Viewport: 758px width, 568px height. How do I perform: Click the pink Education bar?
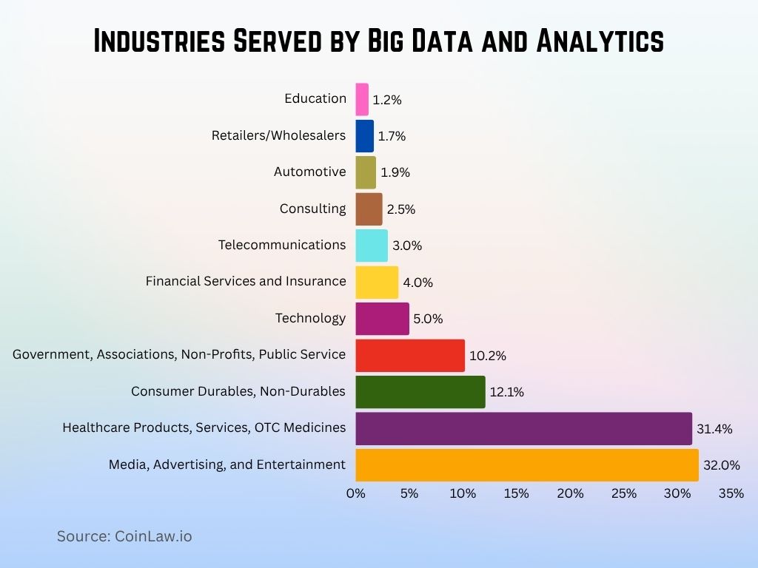click(x=362, y=99)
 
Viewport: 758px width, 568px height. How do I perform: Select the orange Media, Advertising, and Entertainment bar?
click(x=526, y=464)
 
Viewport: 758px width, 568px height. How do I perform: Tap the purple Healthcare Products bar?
click(x=523, y=428)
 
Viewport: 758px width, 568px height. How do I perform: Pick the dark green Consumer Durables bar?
click(x=420, y=391)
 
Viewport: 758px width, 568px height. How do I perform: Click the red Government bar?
click(x=409, y=355)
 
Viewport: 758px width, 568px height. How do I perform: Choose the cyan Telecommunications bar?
click(x=372, y=246)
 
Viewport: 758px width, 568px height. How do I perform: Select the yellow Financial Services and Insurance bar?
click(x=377, y=282)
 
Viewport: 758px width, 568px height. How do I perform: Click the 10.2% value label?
click(x=488, y=356)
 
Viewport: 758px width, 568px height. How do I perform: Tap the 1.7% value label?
click(x=392, y=136)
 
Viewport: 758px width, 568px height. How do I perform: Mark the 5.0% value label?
click(x=428, y=319)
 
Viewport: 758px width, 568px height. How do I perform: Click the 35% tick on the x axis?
click(x=731, y=493)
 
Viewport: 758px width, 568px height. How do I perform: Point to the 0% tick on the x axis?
click(x=356, y=493)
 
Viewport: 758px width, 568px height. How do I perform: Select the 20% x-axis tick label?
click(x=570, y=493)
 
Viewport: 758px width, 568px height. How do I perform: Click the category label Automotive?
click(x=309, y=172)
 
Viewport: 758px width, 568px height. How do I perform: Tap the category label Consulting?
click(x=312, y=209)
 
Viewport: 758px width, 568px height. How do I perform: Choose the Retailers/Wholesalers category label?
click(x=278, y=135)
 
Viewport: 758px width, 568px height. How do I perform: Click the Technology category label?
click(x=310, y=318)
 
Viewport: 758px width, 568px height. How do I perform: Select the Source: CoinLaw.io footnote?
click(x=124, y=536)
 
